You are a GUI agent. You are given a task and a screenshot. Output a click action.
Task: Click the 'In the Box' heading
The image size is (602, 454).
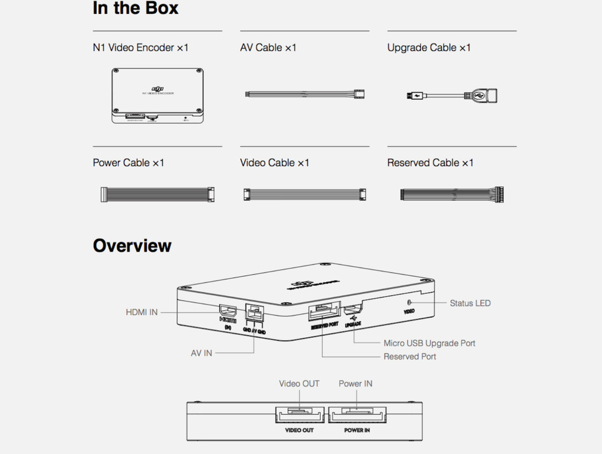pos(135,9)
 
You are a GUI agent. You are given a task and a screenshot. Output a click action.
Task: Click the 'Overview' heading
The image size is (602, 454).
pos(132,246)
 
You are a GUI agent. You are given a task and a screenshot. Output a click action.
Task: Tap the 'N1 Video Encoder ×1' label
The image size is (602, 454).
pos(140,48)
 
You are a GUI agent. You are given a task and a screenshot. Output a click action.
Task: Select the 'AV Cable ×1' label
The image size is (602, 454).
pos(268,48)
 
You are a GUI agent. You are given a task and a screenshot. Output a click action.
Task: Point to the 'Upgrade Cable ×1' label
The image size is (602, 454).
pos(429,48)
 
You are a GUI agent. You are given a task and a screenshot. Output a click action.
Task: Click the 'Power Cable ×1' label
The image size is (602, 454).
pos(128,163)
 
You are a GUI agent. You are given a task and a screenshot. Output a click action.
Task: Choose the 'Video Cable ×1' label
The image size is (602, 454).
pos(275,163)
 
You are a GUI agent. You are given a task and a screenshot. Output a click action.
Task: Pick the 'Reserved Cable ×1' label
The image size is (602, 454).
pos(430,163)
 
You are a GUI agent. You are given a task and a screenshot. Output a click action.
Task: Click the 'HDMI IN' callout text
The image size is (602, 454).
pos(141,312)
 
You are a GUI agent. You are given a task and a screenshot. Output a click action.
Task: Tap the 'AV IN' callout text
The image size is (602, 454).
pos(202,353)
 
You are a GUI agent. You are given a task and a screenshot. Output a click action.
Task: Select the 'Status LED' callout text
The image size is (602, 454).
pos(470,303)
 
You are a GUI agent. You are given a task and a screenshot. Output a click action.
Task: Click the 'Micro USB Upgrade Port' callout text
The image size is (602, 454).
pos(429,343)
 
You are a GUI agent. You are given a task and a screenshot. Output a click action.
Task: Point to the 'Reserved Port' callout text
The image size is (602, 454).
pos(410,356)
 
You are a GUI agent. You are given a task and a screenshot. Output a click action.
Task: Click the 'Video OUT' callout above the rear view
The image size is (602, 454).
pos(299,384)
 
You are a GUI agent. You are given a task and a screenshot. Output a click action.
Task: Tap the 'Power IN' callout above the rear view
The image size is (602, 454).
pos(355,384)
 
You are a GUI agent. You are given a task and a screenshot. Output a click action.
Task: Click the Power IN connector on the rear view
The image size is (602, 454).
pos(357,415)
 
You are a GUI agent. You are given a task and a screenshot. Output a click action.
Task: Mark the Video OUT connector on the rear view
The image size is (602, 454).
pos(300,415)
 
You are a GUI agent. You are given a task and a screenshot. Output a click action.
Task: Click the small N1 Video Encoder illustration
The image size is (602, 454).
pos(157,95)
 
